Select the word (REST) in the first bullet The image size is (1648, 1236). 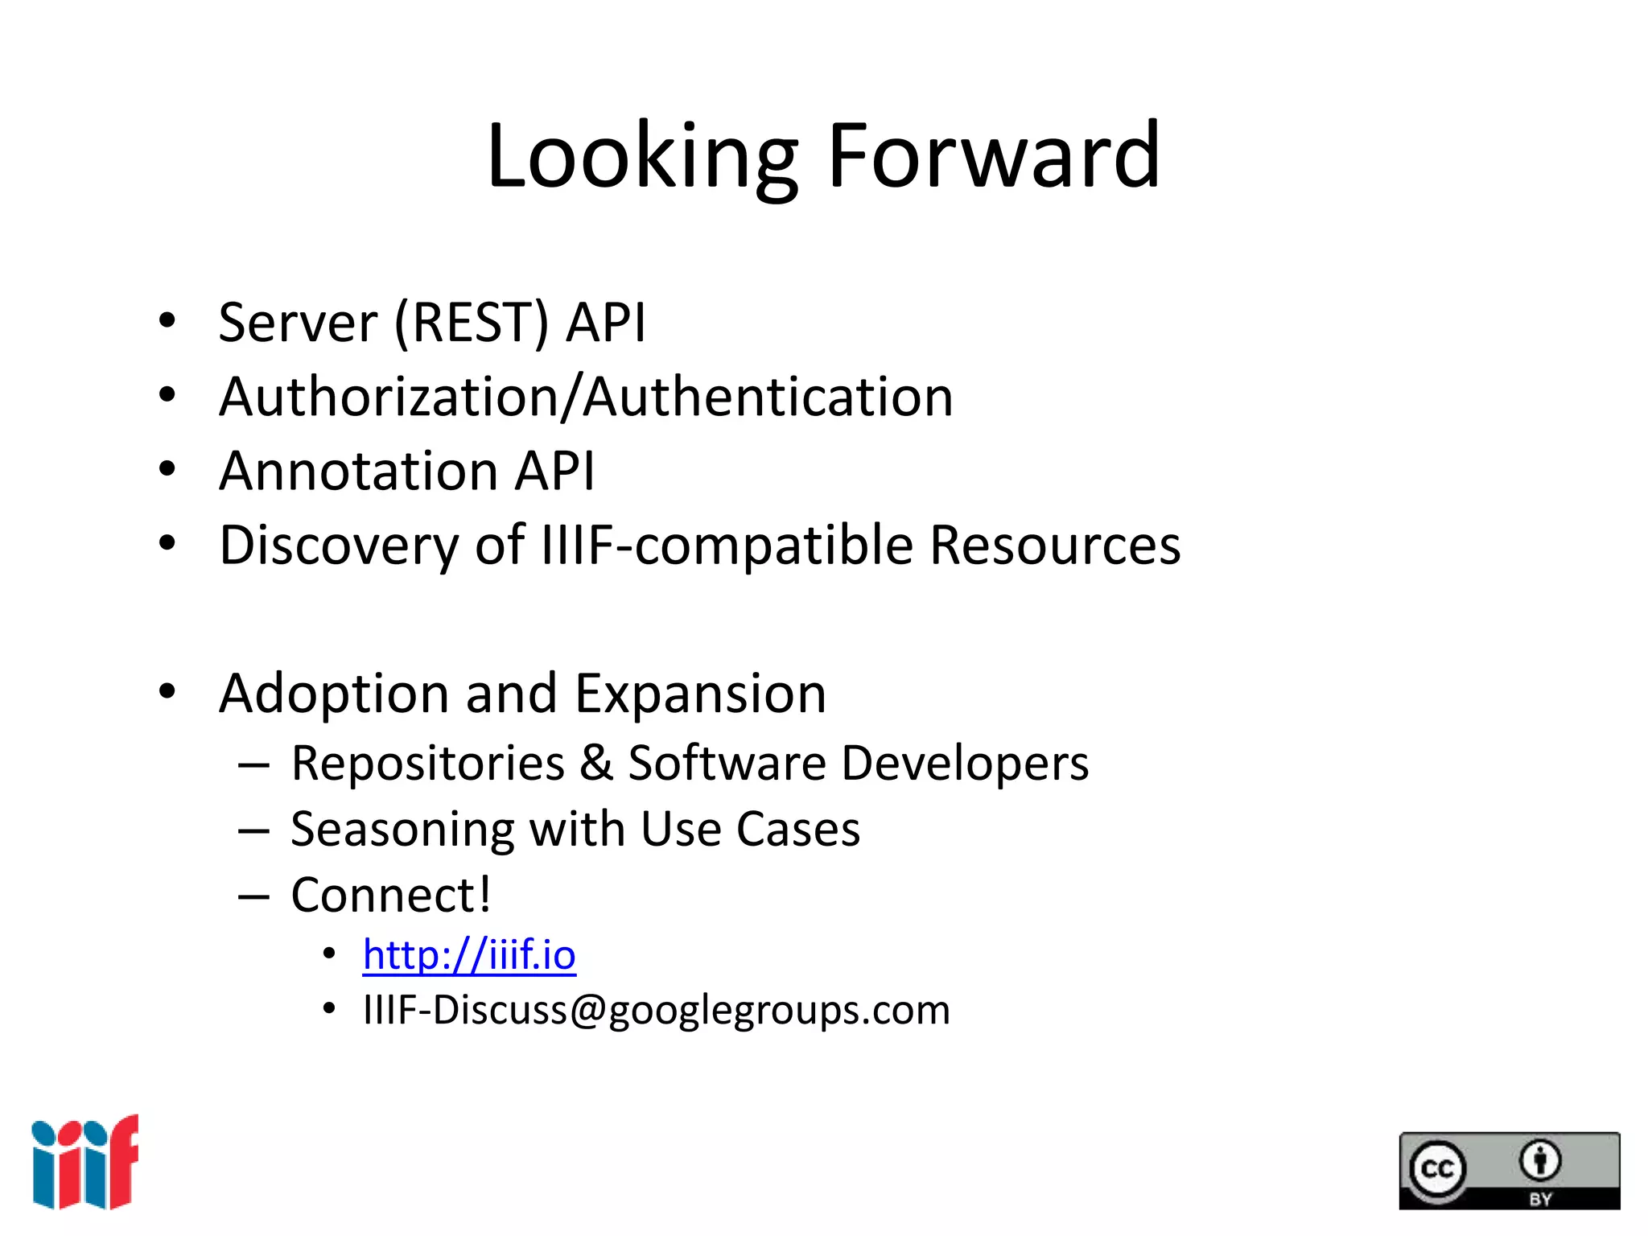[x=472, y=323]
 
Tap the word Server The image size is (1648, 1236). [x=298, y=323]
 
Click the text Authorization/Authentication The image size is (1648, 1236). [x=586, y=397]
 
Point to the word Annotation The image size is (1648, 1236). [x=358, y=471]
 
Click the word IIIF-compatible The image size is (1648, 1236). [x=727, y=546]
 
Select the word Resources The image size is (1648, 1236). [x=1055, y=546]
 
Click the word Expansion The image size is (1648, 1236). [x=700, y=694]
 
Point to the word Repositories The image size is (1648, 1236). [x=427, y=763]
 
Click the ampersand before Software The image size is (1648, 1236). [x=596, y=762]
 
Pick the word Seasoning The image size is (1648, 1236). [x=402, y=830]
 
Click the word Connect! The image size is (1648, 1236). [x=391, y=895]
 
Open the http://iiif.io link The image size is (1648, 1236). [x=469, y=955]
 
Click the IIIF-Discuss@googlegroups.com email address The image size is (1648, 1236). [x=657, y=1010]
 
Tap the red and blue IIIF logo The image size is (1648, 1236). [x=85, y=1162]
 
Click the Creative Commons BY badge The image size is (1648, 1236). [x=1509, y=1170]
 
